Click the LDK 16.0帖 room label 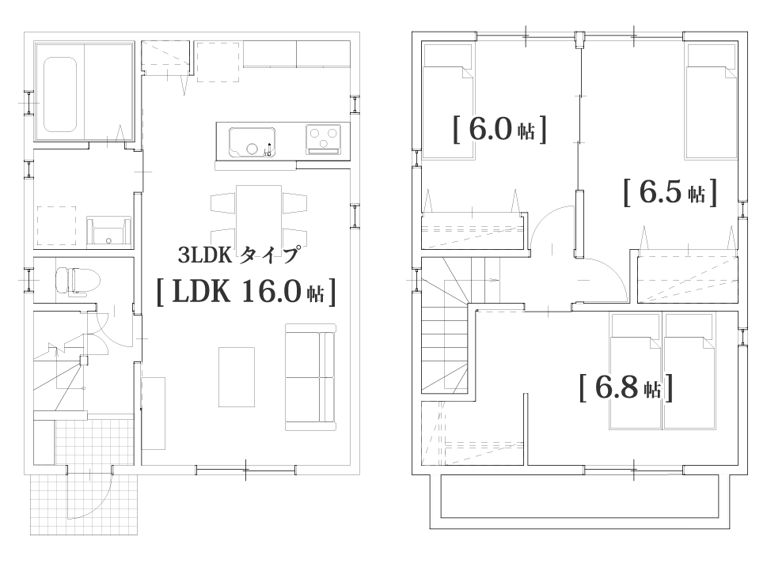(x=247, y=292)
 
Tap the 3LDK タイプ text (x=237, y=255)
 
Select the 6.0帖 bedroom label (x=499, y=129)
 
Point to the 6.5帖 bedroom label (x=670, y=192)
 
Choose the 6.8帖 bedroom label (x=625, y=387)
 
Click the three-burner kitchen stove (x=325, y=140)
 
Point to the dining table (x=259, y=215)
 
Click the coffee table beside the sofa (x=237, y=376)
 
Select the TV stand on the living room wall (x=153, y=413)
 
